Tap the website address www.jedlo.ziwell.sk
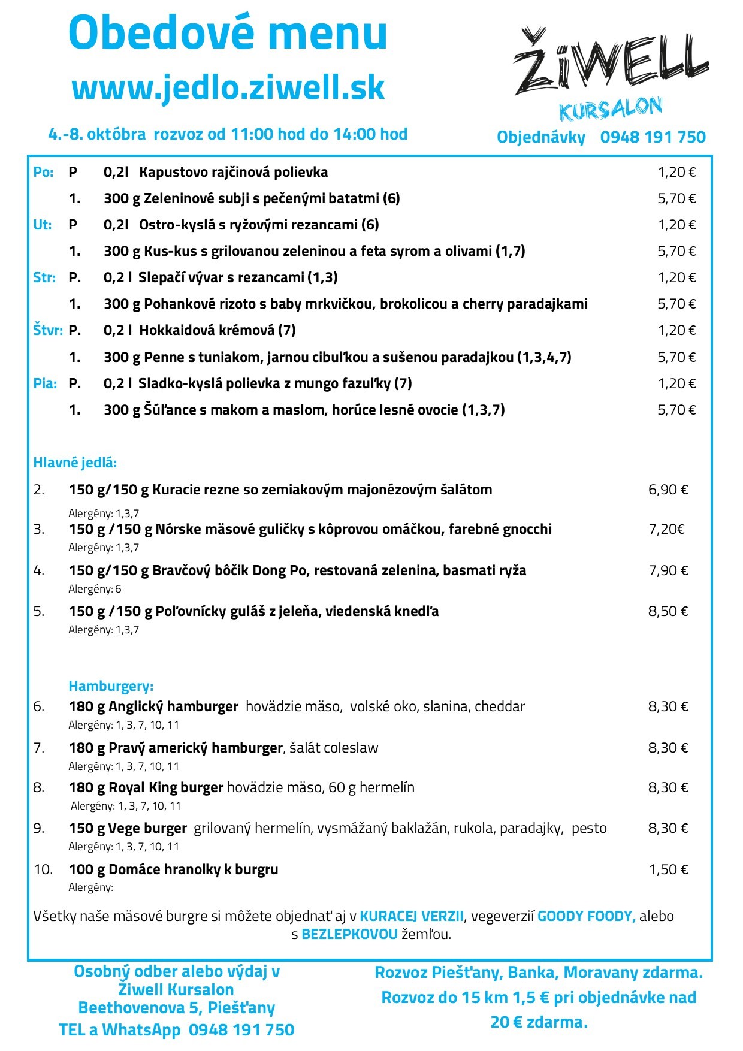tap(228, 87)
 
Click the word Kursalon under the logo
tap(610, 109)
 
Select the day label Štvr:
tap(47, 330)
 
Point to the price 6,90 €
tap(668, 490)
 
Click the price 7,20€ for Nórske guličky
tap(666, 529)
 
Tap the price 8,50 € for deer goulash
tap(668, 611)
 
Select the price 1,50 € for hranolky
tap(669, 869)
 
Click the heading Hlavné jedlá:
tap(75, 463)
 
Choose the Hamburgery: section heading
tap(111, 686)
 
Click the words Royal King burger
tap(166, 787)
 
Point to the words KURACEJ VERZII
tap(411, 916)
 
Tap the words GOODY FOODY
tap(586, 916)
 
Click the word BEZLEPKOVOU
tap(349, 934)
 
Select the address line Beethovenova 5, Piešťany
tap(177, 1008)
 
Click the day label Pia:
tap(45, 383)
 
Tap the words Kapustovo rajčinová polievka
tap(234, 173)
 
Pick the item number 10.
tap(43, 869)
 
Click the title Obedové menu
tap(228, 33)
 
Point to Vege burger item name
tap(147, 829)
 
